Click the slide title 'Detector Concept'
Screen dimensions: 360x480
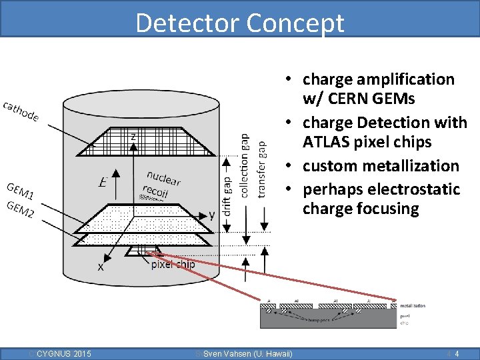coord(240,23)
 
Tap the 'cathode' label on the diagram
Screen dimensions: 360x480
coord(21,111)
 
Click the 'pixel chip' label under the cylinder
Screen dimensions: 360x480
coord(173,264)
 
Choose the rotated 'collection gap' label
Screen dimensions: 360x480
coord(244,165)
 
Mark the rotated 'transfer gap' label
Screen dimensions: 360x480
coord(261,169)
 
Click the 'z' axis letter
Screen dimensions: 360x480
coord(133,137)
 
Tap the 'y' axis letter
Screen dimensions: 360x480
coord(212,215)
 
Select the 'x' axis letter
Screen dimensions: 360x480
coord(101,267)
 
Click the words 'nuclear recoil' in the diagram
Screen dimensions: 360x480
coord(160,182)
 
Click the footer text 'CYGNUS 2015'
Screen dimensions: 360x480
coord(64,353)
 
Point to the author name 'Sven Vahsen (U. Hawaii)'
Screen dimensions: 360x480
coord(247,353)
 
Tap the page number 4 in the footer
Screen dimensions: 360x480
coord(456,353)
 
